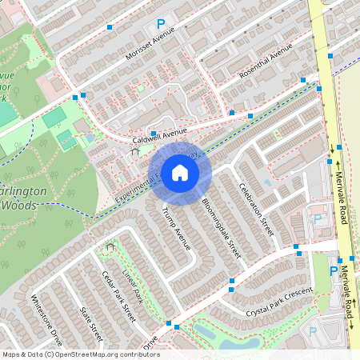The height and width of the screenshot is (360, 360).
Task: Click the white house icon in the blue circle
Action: pyautogui.click(x=180, y=173)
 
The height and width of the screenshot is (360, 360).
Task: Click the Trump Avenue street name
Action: pyautogui.click(x=176, y=227)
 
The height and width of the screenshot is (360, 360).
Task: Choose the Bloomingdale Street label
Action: pyautogui.click(x=221, y=227)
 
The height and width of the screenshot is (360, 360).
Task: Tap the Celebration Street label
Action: pyautogui.click(x=256, y=209)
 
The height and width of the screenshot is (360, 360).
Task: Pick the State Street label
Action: pyautogui.click(x=91, y=317)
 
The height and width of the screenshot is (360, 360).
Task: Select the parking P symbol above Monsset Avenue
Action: pyautogui.click(x=160, y=25)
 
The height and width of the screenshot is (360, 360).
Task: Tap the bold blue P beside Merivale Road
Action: pyautogui.click(x=334, y=270)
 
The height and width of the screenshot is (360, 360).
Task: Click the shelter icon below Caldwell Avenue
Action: pyautogui.click(x=134, y=150)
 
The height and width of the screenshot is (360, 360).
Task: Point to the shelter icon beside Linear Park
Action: pyautogui.click(x=110, y=247)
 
